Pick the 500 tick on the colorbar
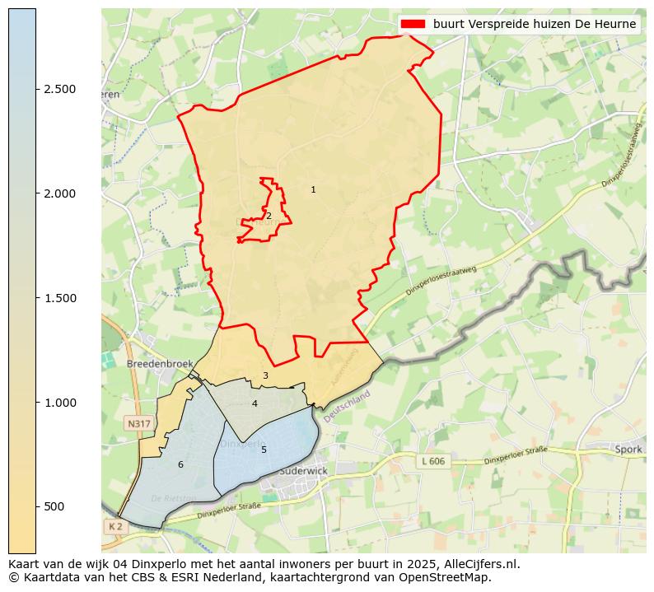click(54, 506)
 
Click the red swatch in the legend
click(413, 24)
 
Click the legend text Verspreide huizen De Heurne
click(535, 24)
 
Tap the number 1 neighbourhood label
click(313, 190)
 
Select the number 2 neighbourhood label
click(269, 216)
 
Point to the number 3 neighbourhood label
click(265, 375)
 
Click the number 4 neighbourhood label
click(255, 403)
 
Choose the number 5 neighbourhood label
click(264, 450)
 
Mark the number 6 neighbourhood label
click(180, 465)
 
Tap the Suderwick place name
click(304, 471)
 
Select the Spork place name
click(628, 450)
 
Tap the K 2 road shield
click(114, 526)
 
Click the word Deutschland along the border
click(348, 407)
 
